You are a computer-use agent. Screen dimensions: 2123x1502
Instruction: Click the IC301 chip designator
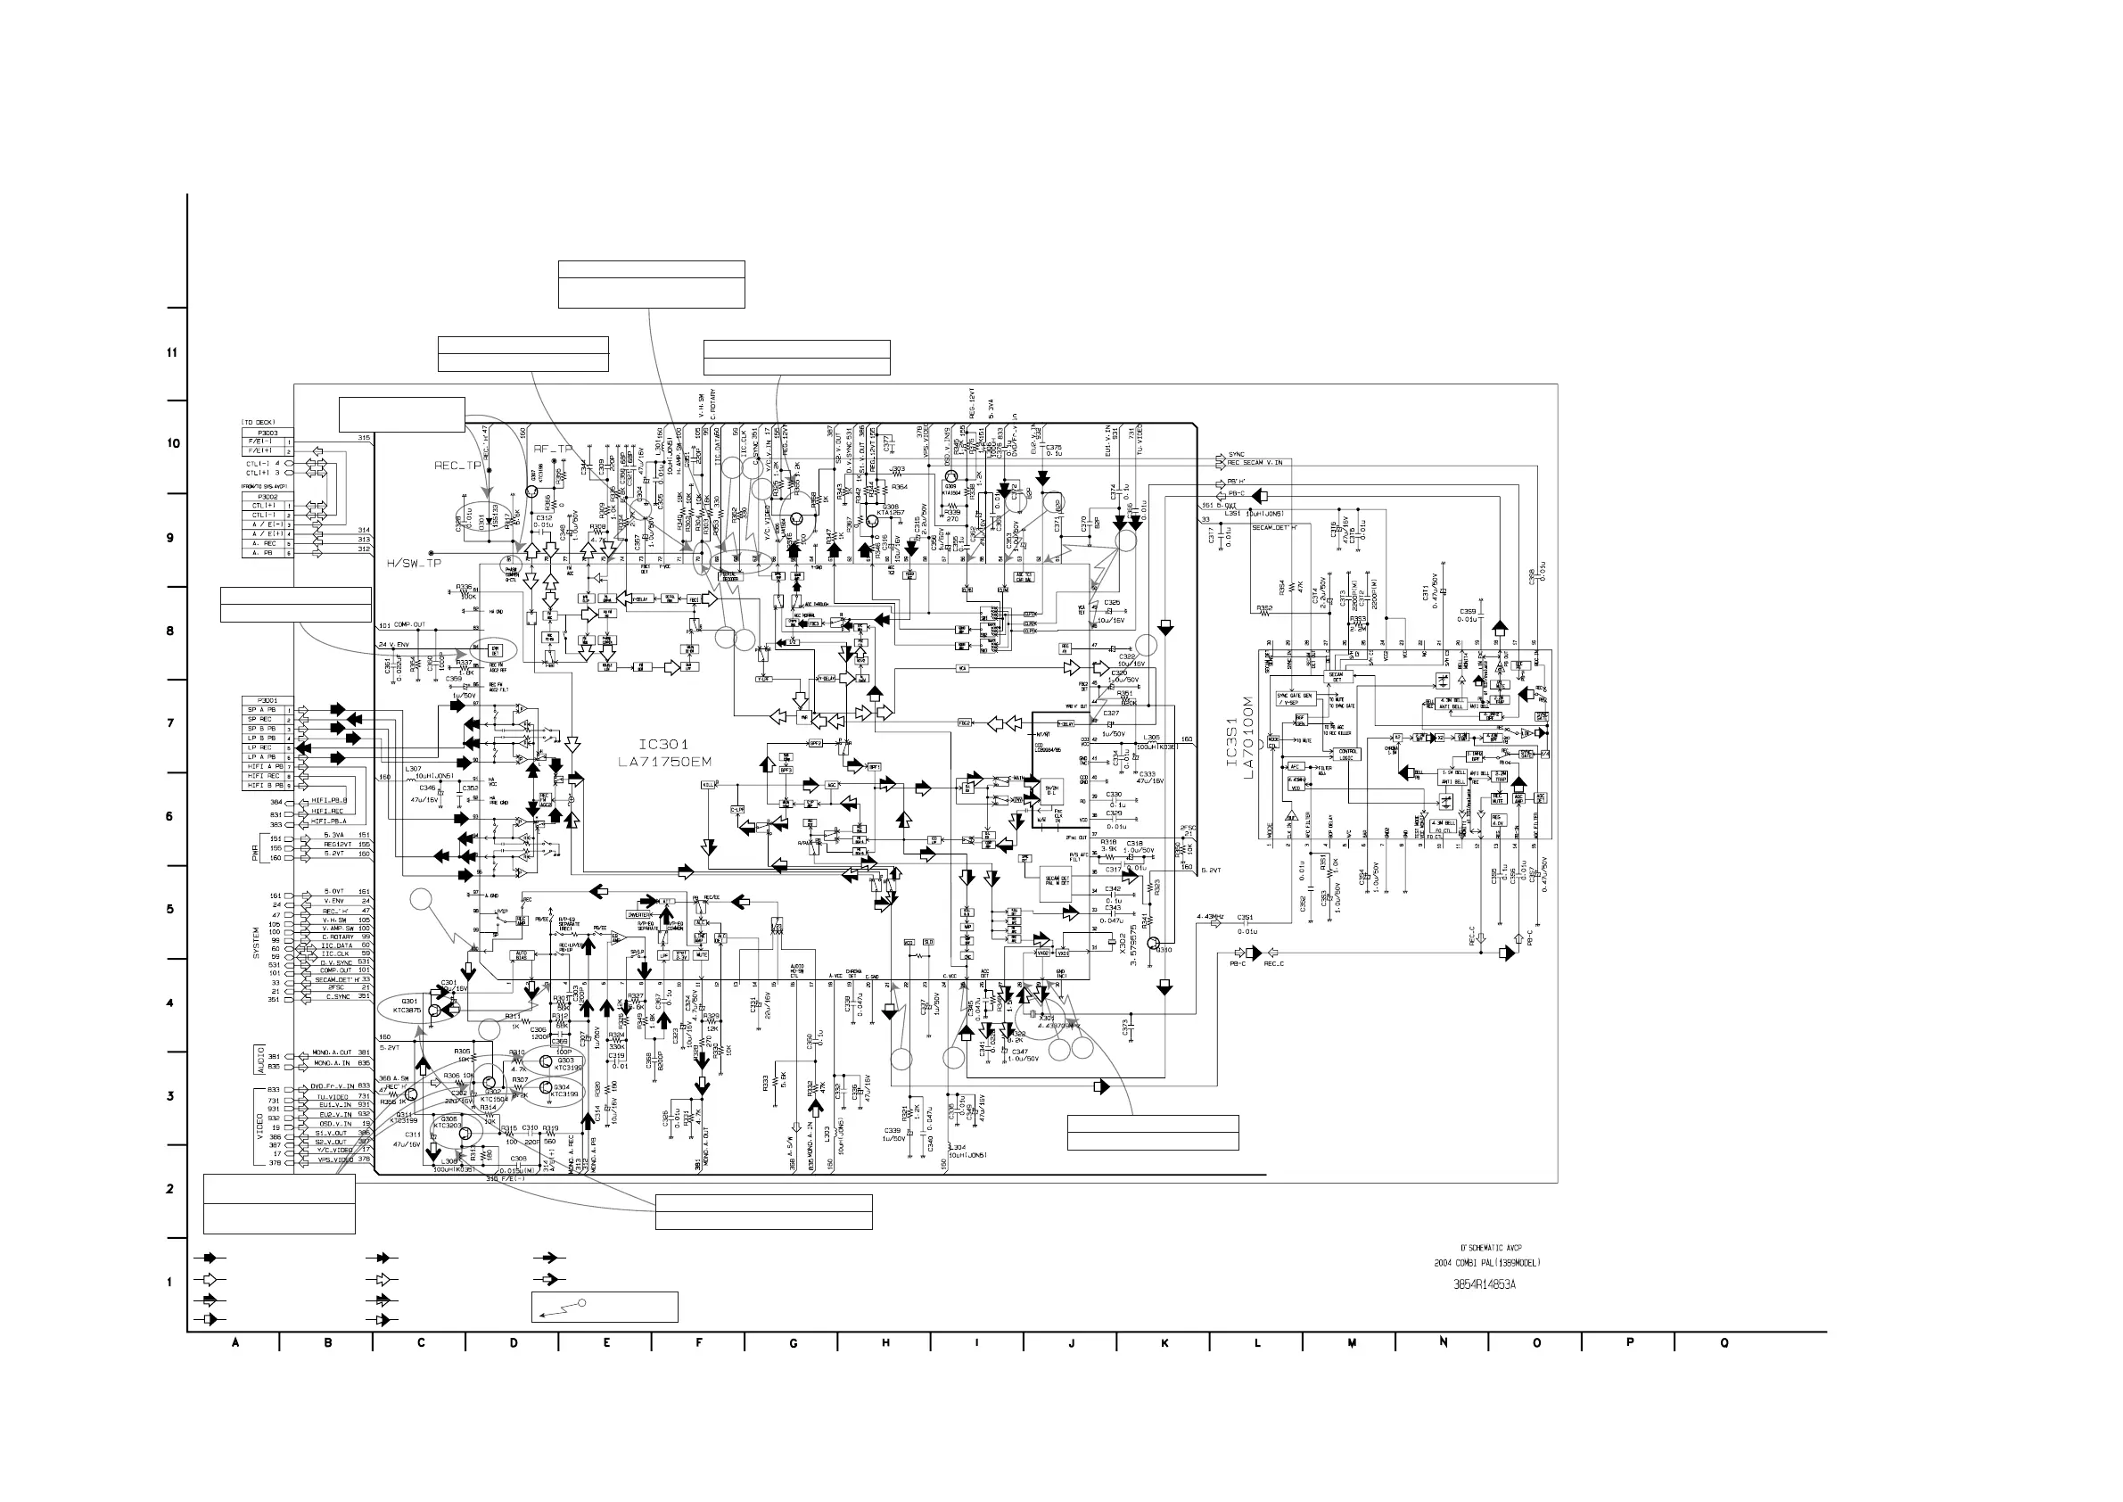[x=663, y=745]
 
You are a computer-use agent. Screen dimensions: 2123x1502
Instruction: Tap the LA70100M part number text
[x=1248, y=738]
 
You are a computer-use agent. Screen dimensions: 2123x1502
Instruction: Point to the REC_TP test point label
[x=457, y=466]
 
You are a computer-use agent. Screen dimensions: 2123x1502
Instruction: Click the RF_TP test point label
[x=554, y=449]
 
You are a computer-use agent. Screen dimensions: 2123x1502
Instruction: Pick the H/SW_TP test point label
[x=414, y=564]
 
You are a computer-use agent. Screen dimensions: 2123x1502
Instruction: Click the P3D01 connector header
[x=268, y=700]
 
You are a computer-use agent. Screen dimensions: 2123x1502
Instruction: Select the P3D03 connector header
[x=268, y=433]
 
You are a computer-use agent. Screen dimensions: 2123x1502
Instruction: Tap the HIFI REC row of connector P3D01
[x=265, y=776]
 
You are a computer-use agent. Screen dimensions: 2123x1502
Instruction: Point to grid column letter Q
[x=1724, y=1343]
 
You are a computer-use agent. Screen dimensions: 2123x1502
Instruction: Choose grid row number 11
[x=171, y=352]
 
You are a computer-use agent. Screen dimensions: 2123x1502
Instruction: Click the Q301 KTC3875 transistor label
[x=407, y=1006]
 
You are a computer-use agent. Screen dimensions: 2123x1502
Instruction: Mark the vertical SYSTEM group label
[x=256, y=943]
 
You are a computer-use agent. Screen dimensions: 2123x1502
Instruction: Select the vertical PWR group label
[x=256, y=849]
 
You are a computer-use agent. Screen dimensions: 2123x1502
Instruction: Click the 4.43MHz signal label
[x=1210, y=917]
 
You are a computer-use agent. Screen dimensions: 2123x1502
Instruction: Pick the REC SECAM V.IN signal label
[x=1255, y=462]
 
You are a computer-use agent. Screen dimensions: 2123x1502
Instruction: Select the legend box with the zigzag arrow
[x=605, y=1307]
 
